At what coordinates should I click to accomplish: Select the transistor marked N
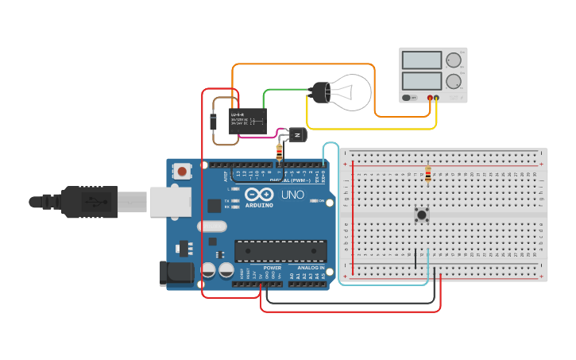(x=297, y=136)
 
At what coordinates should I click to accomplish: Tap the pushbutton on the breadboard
(x=422, y=215)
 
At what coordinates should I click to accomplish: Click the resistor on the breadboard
(x=429, y=173)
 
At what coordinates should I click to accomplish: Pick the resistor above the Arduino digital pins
(x=279, y=152)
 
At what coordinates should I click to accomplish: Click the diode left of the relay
(x=213, y=122)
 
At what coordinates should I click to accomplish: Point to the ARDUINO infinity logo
(x=258, y=195)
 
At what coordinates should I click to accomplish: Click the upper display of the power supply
(x=422, y=60)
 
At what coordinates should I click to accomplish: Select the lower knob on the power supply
(x=454, y=81)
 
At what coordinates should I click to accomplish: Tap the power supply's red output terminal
(x=430, y=98)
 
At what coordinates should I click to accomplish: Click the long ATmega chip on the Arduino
(x=280, y=250)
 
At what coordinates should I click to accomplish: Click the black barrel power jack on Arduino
(x=176, y=273)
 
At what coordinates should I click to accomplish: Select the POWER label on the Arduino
(x=272, y=268)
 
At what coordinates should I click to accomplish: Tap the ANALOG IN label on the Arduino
(x=311, y=268)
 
